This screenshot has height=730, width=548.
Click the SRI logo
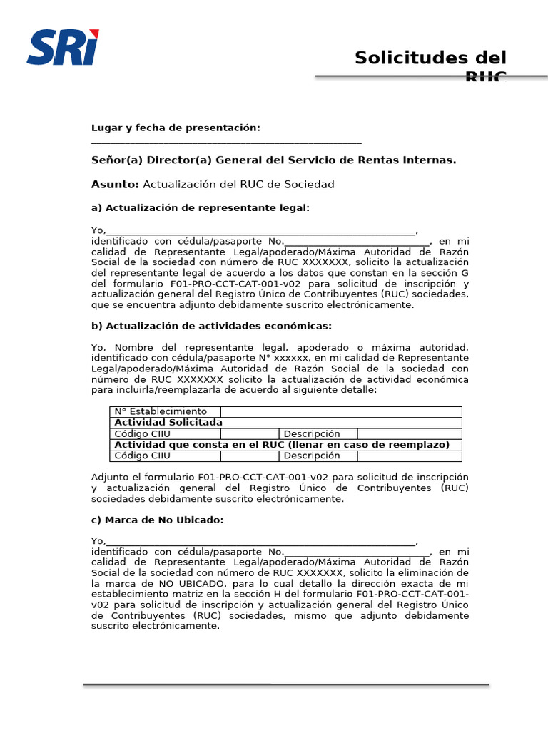click(x=63, y=47)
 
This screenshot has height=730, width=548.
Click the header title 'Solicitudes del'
click(x=430, y=58)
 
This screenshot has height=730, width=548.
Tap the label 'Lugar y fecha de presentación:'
click(x=176, y=128)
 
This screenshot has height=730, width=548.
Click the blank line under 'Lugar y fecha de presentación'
click(x=226, y=143)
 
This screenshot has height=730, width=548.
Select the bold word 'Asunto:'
click(x=115, y=185)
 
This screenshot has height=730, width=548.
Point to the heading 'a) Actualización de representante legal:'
click(x=201, y=208)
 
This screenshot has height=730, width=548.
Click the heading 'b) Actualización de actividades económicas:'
click(x=211, y=326)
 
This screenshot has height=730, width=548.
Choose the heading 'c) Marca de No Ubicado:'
click(x=157, y=520)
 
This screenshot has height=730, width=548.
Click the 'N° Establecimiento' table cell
click(x=165, y=412)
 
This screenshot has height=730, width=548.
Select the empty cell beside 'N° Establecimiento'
click(x=341, y=412)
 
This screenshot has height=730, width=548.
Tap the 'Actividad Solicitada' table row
click(x=285, y=423)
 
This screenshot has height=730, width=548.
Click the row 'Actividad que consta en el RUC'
click(x=285, y=445)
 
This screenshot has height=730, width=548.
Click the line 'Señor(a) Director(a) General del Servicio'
click(x=273, y=160)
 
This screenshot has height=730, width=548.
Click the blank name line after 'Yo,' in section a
click(x=260, y=232)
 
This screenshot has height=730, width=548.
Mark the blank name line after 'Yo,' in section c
click(x=260, y=542)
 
